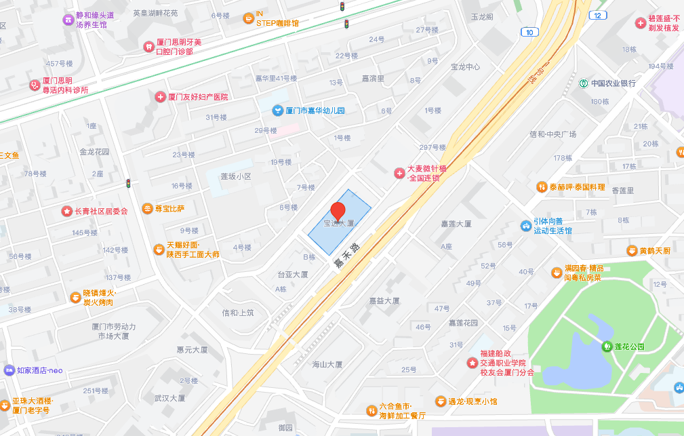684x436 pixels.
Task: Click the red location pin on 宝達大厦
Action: pos(338,212)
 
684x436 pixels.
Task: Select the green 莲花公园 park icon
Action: pos(607,346)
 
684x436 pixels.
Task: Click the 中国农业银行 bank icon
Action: pos(583,83)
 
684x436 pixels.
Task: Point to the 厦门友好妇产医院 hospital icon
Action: pos(160,97)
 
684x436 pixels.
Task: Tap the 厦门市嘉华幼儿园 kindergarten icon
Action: pos(277,111)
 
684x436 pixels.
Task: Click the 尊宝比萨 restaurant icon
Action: pos(147,208)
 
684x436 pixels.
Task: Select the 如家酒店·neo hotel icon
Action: pos(9,370)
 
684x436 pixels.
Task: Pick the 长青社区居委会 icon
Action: pos(67,211)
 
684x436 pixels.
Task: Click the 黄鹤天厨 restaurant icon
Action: pos(632,251)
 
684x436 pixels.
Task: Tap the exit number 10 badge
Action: pos(529,32)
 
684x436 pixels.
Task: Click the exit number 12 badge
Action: pos(597,15)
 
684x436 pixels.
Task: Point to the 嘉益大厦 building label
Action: pos(384,300)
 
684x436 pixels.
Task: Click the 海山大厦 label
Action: pos(327,364)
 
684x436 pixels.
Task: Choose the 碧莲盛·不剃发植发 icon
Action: pos(640,23)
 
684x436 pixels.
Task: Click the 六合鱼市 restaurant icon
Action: pos(371,410)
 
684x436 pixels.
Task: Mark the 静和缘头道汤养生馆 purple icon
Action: pos(68,20)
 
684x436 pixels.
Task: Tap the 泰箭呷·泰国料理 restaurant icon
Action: pos(541,186)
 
